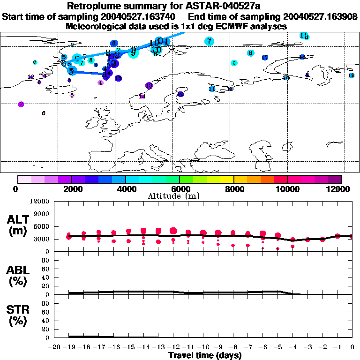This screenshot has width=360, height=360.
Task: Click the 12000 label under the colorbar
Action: (341, 189)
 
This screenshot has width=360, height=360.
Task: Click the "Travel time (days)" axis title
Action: (205, 355)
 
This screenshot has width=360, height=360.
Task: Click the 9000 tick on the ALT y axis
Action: (42, 214)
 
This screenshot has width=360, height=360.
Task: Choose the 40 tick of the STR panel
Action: (46, 320)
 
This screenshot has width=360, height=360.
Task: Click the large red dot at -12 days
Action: (173, 231)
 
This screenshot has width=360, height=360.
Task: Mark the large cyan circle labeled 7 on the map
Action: (209, 41)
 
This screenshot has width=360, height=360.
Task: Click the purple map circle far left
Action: (21, 104)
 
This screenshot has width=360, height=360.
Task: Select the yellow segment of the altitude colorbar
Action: (227, 179)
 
